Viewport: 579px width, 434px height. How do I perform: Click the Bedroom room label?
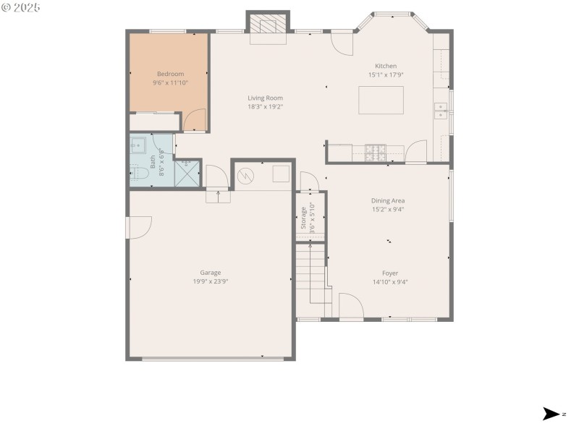point(170,74)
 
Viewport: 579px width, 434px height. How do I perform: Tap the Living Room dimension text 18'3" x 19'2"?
point(265,107)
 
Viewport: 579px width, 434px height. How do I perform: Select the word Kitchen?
point(385,66)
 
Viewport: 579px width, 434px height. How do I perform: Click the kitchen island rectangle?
point(381,100)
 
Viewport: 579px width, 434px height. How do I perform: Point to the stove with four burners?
point(375,152)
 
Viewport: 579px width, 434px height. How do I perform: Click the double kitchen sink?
point(440,110)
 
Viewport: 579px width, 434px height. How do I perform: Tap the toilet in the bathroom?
point(136,173)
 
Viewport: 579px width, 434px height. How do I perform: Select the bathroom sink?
point(138,145)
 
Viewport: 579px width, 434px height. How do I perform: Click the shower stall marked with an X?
point(187,174)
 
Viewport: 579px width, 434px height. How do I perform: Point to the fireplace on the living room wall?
point(268,27)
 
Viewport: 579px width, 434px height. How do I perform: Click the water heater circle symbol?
point(247,174)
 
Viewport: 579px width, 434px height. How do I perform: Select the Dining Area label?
point(387,200)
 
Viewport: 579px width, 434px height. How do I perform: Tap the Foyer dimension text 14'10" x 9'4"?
point(389,282)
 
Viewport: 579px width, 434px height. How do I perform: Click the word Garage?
point(211,273)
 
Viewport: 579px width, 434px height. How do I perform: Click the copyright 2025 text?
point(21,7)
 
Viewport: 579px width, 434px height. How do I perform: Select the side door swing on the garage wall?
point(138,227)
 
